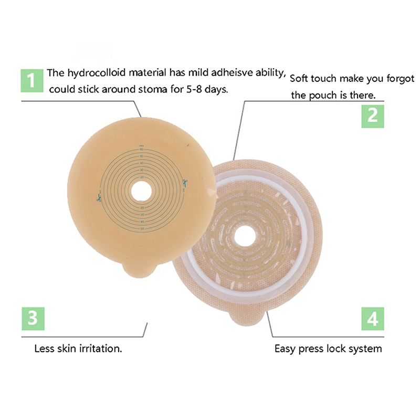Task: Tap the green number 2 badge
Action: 372,115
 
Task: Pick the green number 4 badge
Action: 373,319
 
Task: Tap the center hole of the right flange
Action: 244,234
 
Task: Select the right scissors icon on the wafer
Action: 185,182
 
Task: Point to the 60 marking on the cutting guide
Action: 142,150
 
